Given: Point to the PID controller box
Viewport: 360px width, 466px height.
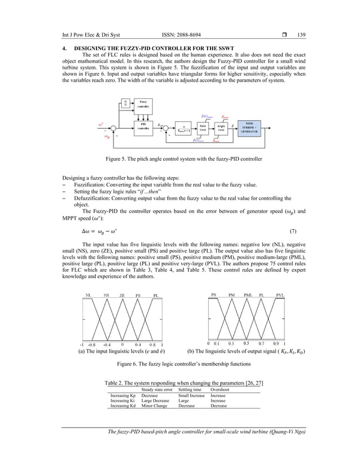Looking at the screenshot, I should [143, 125].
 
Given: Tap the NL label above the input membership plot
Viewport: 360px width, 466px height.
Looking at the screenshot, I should [89, 295].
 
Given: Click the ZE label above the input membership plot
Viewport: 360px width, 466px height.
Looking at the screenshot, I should [122, 295].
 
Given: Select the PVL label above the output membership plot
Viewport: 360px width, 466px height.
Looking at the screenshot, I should [280, 294].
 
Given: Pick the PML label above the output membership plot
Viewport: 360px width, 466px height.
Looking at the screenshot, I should [247, 294].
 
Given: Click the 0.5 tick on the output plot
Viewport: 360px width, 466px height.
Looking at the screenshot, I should [245, 343].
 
